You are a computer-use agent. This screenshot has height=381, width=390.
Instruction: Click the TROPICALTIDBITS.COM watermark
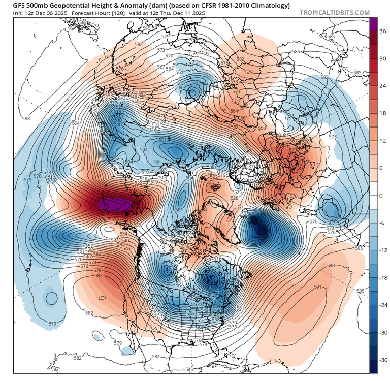click(335, 12)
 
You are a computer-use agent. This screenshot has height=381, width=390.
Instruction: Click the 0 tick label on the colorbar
click(381, 195)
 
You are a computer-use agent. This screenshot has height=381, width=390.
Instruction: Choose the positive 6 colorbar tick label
click(381, 168)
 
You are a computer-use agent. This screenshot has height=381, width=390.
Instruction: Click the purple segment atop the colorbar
click(373, 23)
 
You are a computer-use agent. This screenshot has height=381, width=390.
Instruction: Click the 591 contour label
click(318, 287)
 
